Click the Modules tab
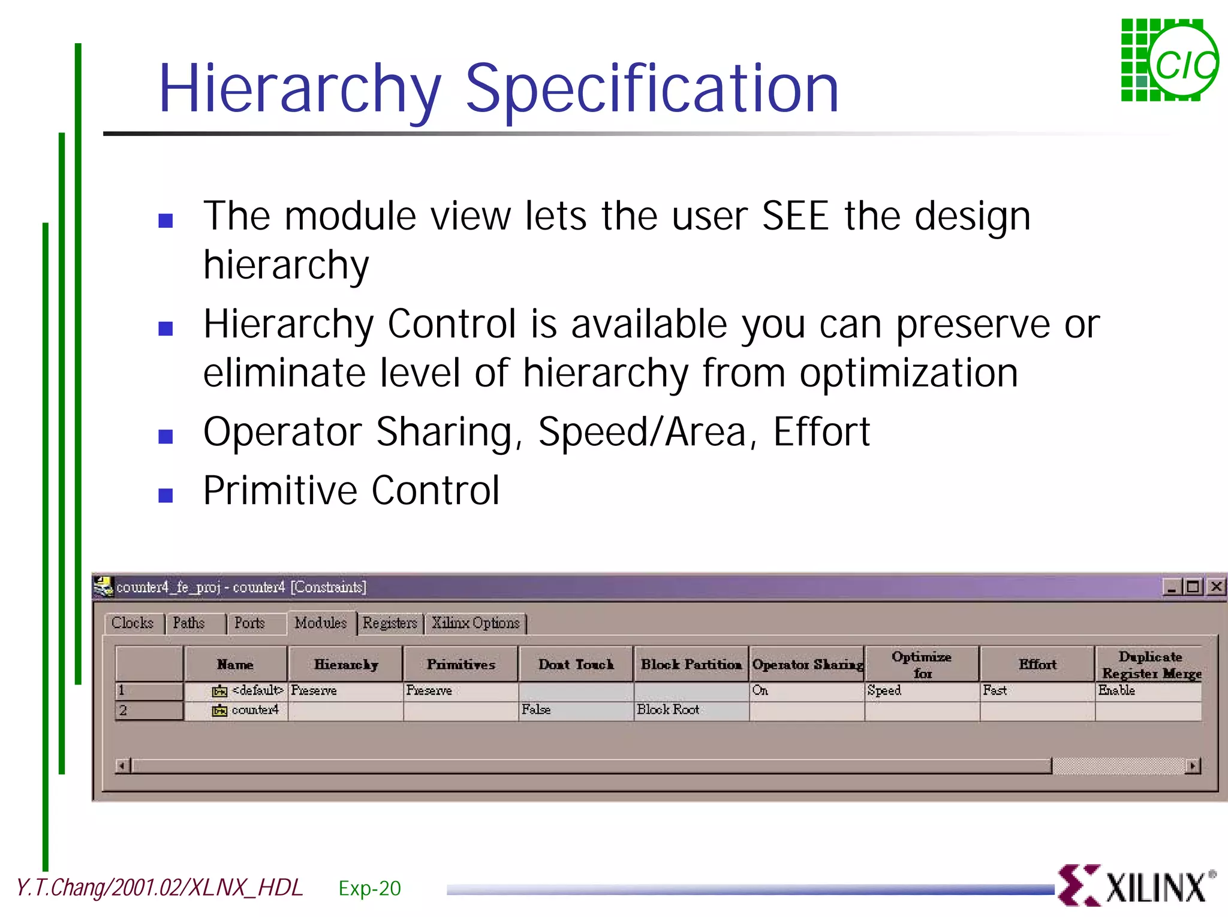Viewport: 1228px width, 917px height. click(321, 623)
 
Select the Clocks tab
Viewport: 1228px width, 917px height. click(133, 623)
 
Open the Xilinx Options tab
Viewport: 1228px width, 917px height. click(475, 623)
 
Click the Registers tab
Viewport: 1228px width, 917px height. click(390, 623)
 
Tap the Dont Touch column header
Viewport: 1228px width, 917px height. click(576, 664)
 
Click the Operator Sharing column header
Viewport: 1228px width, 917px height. click(807, 664)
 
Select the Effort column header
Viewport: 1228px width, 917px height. click(1037, 664)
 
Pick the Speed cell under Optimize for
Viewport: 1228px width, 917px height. click(884, 690)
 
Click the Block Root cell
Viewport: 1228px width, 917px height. click(668, 710)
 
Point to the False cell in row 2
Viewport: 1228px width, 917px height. click(536, 710)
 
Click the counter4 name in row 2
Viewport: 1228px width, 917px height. click(255, 710)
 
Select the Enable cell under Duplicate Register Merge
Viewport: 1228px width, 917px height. click(1116, 690)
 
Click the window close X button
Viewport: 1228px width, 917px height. click(1216, 587)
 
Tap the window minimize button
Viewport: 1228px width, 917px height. click(1171, 587)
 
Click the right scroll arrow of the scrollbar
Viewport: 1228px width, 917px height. click(1193, 765)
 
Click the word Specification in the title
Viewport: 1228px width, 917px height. click(652, 90)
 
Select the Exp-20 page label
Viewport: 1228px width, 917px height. click(369, 888)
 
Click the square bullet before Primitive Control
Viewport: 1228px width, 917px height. click(165, 495)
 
